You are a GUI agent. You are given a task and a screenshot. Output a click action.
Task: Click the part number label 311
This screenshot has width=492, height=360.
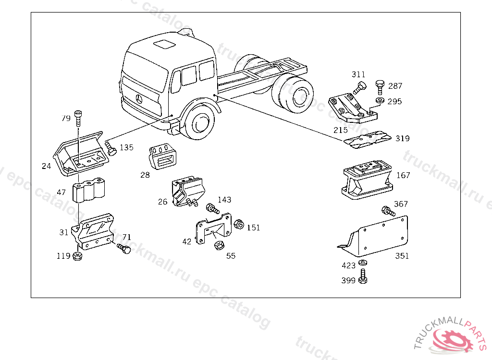pyautogui.click(x=358, y=74)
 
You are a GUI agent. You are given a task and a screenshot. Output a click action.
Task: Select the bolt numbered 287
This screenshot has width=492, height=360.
pyautogui.click(x=379, y=87)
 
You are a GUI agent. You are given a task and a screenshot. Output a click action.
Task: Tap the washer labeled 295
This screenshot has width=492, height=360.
pyautogui.click(x=379, y=100)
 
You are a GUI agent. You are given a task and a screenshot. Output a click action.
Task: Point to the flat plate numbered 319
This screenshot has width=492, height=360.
pyautogui.click(x=368, y=138)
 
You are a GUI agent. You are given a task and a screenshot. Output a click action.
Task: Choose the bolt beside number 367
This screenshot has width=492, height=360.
pyautogui.click(x=388, y=211)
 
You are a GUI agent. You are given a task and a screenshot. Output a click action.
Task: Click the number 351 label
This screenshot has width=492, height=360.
pyautogui.click(x=402, y=256)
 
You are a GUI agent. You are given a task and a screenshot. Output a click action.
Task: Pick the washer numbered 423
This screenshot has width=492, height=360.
pyautogui.click(x=363, y=263)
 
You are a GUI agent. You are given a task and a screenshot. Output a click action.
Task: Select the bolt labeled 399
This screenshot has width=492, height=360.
pyautogui.click(x=363, y=276)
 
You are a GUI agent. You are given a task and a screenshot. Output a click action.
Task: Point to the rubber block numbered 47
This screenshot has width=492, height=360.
pyautogui.click(x=88, y=191)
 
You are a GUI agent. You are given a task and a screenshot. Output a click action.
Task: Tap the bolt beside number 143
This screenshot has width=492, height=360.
pyautogui.click(x=212, y=208)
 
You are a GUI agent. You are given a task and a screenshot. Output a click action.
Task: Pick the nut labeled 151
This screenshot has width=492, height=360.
pyautogui.click(x=238, y=224)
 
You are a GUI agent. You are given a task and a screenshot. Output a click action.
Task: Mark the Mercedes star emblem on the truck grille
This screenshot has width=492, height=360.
pyautogui.click(x=140, y=99)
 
